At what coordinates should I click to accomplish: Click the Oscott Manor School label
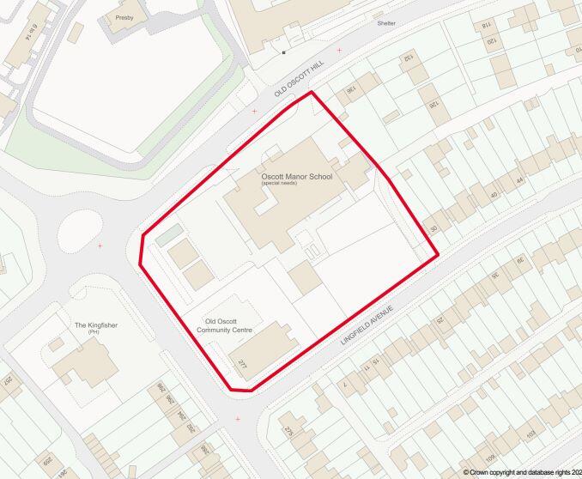click(x=296, y=177)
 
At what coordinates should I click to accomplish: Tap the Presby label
click(x=124, y=17)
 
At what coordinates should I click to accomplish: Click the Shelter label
click(x=386, y=23)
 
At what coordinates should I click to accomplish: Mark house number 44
click(x=518, y=180)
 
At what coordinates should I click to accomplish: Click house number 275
click(x=288, y=432)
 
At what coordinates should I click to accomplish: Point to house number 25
click(x=440, y=322)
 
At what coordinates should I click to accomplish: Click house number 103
click(x=530, y=432)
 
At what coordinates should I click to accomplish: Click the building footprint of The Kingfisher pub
click(x=86, y=366)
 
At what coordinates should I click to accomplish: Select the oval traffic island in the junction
click(x=80, y=229)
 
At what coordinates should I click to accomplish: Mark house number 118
click(x=486, y=27)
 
